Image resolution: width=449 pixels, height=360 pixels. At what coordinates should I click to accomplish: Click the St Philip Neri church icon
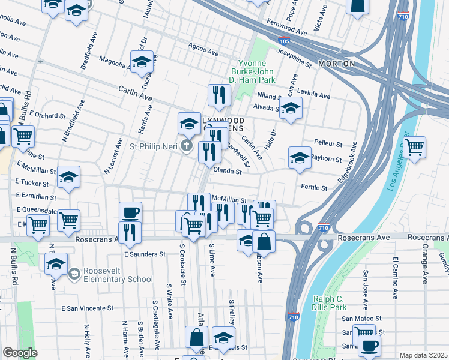click(x=187, y=146)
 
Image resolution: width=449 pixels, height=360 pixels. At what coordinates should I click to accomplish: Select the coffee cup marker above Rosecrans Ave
click(x=130, y=212)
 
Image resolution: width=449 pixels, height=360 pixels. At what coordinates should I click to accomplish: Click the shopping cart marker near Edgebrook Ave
click(x=415, y=147)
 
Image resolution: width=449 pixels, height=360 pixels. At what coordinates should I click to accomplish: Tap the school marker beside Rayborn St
click(x=300, y=158)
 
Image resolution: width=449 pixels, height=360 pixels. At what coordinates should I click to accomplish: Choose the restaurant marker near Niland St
click(x=219, y=95)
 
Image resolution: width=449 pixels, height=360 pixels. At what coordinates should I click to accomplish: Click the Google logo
click(x=20, y=352)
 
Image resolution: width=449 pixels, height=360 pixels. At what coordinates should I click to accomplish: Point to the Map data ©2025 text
click(x=423, y=355)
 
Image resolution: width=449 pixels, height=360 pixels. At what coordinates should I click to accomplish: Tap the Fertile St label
click(x=315, y=188)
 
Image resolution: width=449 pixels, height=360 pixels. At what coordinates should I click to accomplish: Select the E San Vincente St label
click(x=88, y=308)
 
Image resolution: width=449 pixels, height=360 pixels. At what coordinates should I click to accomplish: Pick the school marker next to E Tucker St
click(x=69, y=178)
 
